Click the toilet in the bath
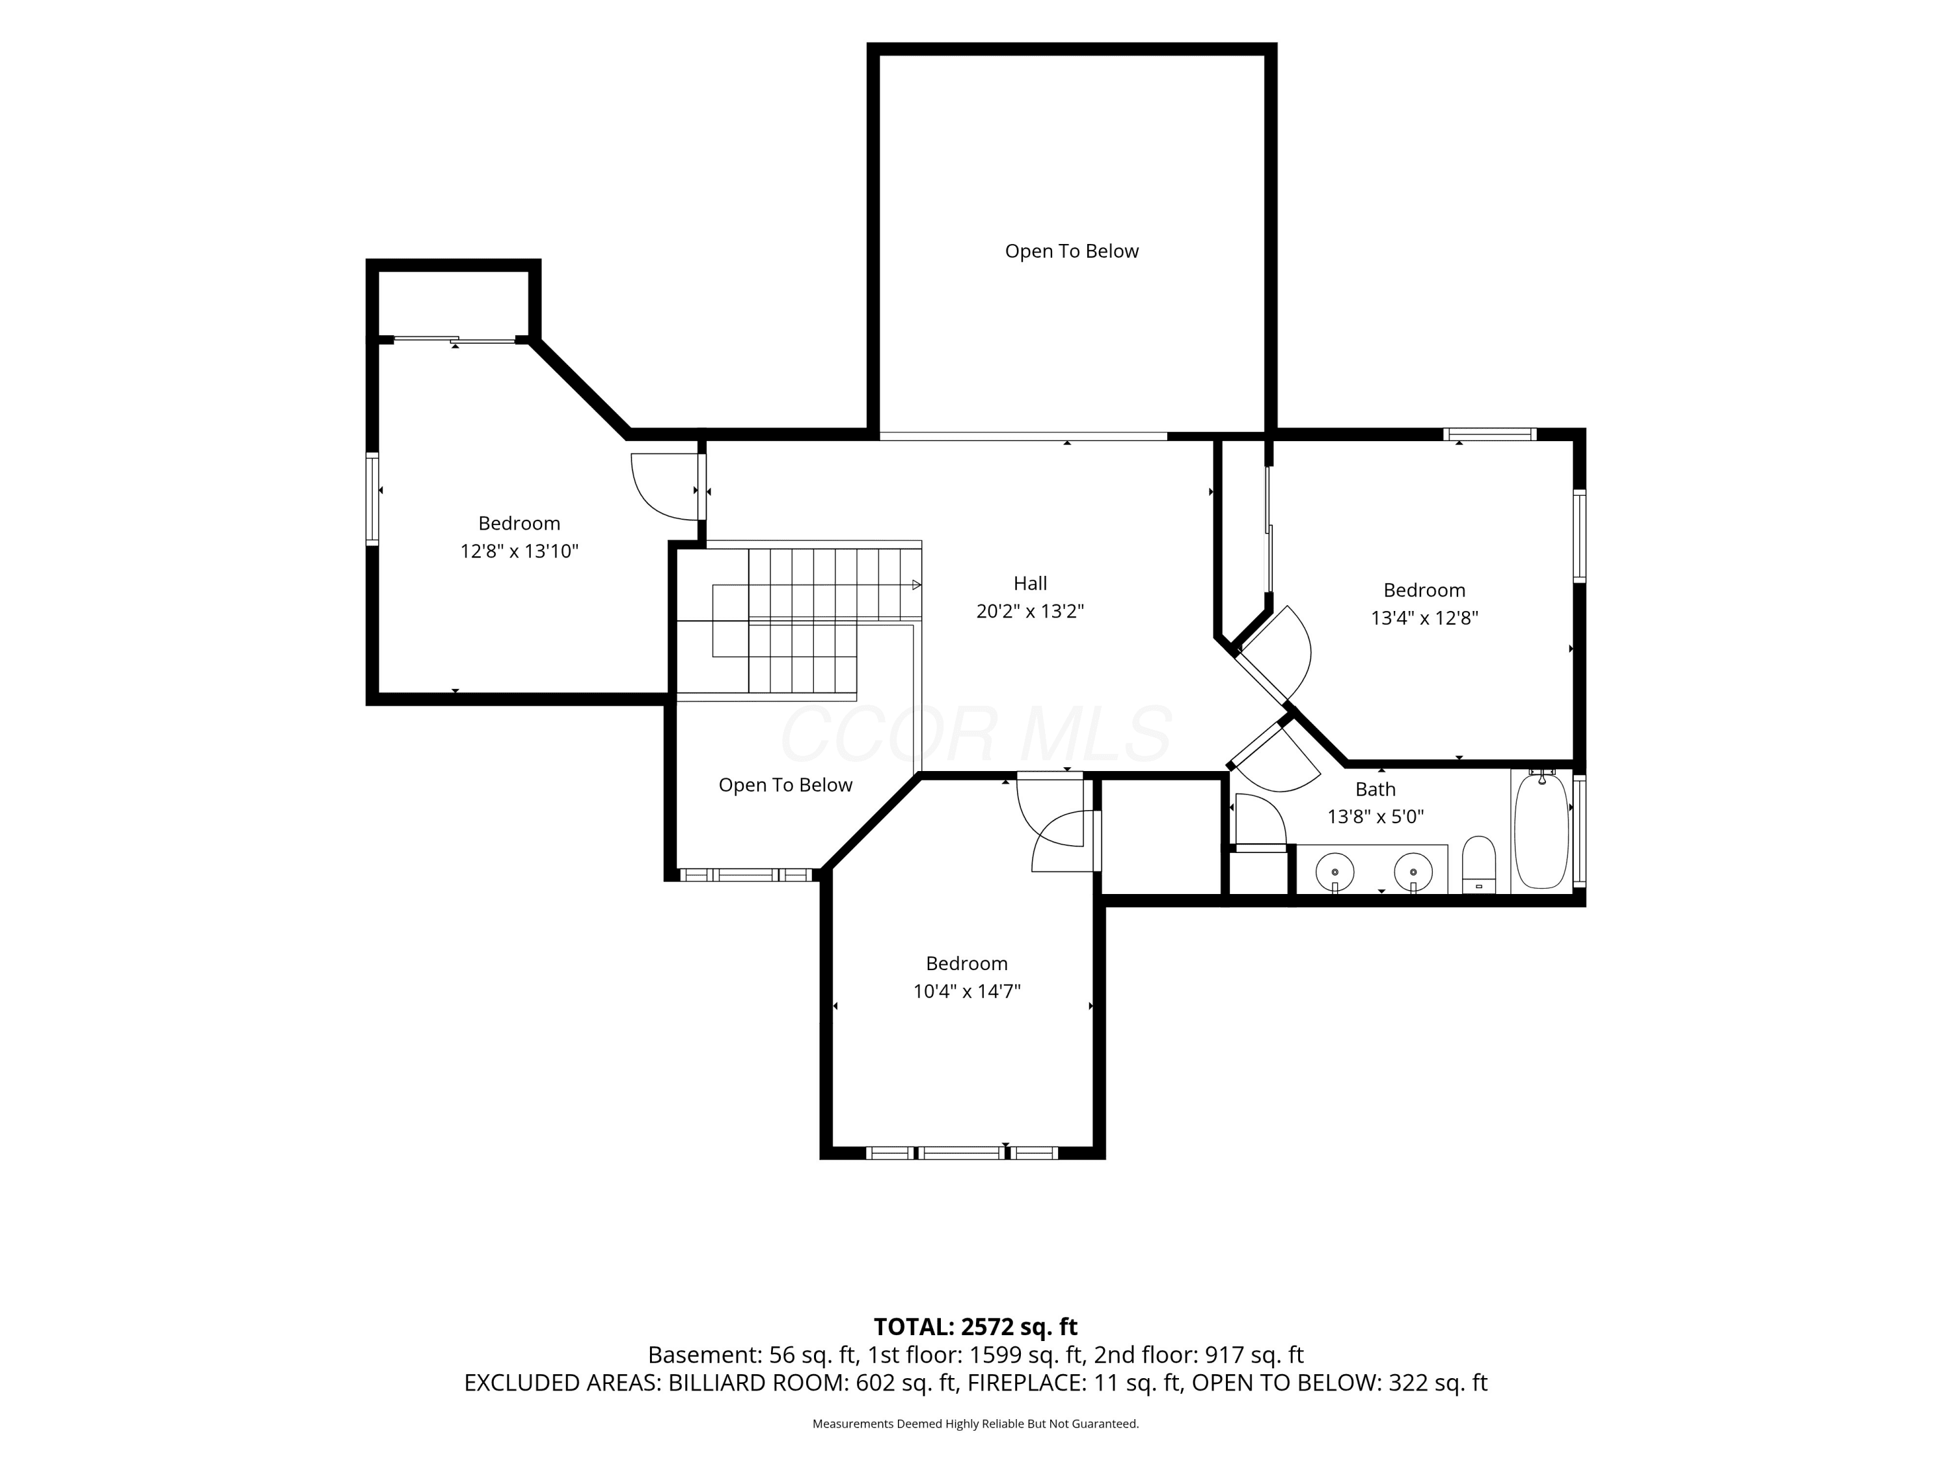coord(1479,865)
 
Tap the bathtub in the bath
coord(1541,832)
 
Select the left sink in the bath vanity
coord(1335,872)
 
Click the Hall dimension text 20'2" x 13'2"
coord(1030,611)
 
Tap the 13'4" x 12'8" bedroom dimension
coord(1424,617)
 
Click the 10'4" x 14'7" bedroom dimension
coord(966,991)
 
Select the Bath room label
coord(1376,789)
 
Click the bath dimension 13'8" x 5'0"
coord(1376,817)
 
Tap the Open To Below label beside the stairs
coord(785,785)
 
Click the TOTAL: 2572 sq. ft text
coord(975,1327)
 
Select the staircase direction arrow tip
coord(921,585)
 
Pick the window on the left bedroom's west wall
coord(372,498)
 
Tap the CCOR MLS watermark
coord(976,734)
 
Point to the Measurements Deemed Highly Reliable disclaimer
coord(975,1424)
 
